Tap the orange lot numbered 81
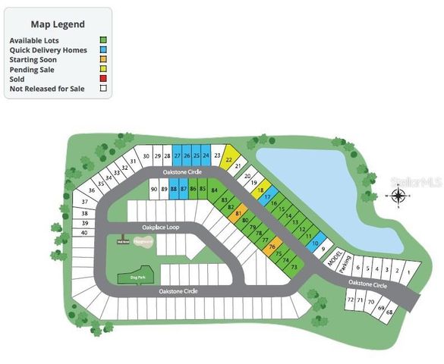coord(238,215)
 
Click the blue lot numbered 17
coord(267,197)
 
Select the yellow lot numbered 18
coord(260,190)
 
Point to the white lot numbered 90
coord(153,189)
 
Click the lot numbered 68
coord(390,312)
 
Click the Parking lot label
coord(345,266)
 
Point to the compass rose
coord(398,196)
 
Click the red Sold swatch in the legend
coord(102,80)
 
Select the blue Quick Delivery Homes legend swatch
coord(102,50)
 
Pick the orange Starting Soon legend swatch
coord(102,60)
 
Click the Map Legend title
coord(57,24)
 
